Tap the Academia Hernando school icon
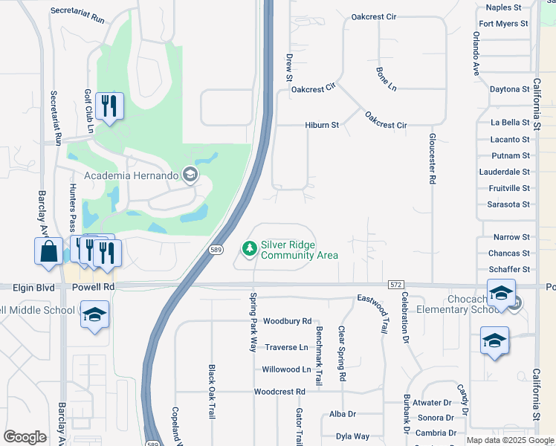coord(190,175)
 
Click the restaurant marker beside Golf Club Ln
coord(110,106)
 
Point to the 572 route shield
coord(395,285)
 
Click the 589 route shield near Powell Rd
coord(216,249)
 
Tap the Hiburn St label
coord(322,126)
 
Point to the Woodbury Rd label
coord(287,321)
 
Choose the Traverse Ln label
coord(287,347)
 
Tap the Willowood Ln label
coord(286,369)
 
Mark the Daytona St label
coord(509,89)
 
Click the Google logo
coord(25,437)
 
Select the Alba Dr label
coord(343,414)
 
